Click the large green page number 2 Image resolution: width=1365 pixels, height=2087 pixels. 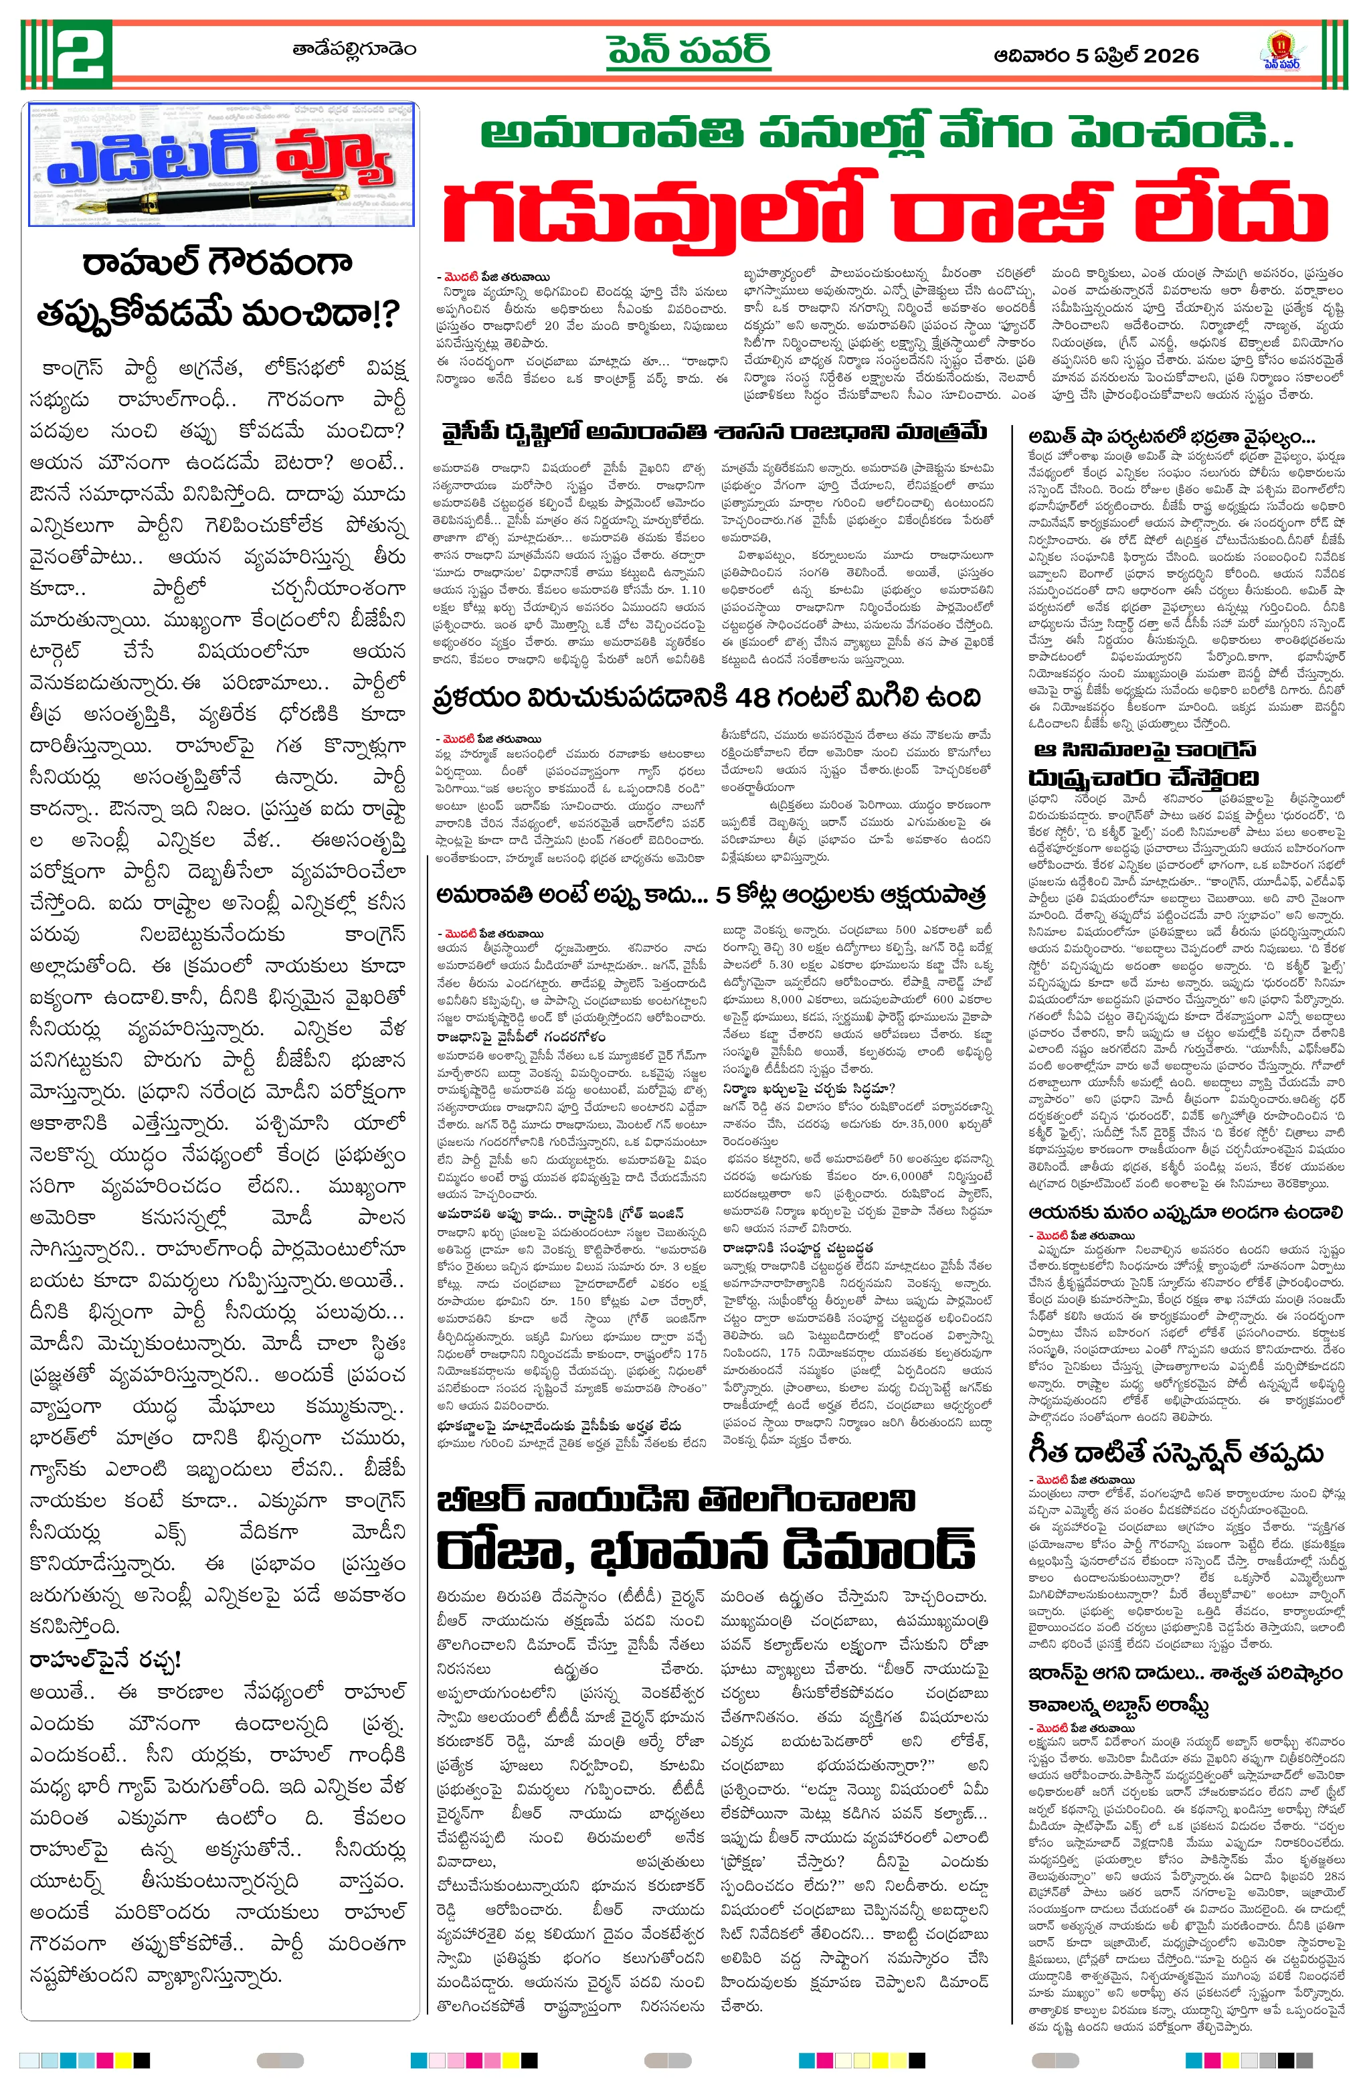(x=83, y=54)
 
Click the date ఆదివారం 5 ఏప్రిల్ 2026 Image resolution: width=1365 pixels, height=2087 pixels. (x=1096, y=56)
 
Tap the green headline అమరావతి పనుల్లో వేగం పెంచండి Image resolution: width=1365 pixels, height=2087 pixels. (x=885, y=134)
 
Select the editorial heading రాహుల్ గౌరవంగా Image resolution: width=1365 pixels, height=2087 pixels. (x=217, y=262)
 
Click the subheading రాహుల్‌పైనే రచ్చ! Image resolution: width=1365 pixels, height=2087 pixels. (x=105, y=1660)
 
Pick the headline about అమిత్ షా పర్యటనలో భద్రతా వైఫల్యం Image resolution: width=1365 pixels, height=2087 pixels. (x=1171, y=436)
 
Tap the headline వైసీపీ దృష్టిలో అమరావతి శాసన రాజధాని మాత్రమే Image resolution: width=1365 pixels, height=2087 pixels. (x=714, y=432)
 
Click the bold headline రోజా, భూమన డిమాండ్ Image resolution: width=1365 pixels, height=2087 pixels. (x=706, y=1549)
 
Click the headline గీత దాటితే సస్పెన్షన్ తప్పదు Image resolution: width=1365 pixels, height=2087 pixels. (x=1175, y=1453)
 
